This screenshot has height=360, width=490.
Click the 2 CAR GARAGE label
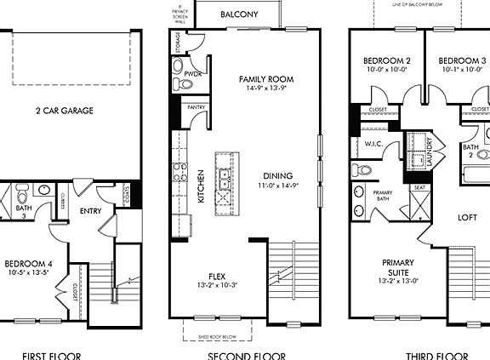click(64, 111)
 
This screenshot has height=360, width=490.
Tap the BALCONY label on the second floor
click(239, 14)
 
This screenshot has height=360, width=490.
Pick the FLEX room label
click(215, 276)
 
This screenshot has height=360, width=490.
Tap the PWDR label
click(192, 75)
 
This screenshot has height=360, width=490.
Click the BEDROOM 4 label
click(28, 265)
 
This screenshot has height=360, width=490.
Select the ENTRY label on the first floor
click(91, 210)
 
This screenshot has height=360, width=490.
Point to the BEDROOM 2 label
click(387, 60)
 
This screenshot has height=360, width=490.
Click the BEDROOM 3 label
click(462, 60)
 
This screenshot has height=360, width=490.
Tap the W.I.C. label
click(374, 144)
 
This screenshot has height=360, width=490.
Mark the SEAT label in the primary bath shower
click(419, 188)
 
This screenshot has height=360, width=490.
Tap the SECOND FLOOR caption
click(246, 355)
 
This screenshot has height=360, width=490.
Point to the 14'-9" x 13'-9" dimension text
click(265, 87)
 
